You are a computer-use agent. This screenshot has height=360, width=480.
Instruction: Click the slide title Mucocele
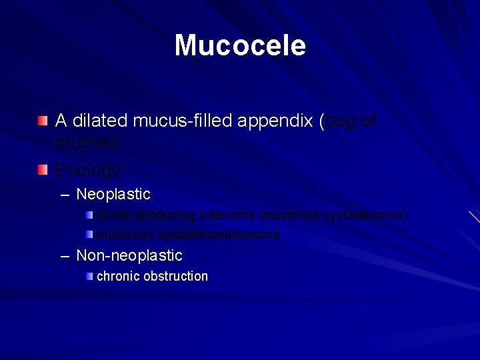(240, 46)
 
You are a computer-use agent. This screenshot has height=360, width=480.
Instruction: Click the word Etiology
(87, 170)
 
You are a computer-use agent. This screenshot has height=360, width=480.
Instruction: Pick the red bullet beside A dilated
(43, 121)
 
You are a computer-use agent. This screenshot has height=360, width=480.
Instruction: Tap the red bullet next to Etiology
(43, 170)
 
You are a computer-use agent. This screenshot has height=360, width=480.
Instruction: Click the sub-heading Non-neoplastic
(129, 255)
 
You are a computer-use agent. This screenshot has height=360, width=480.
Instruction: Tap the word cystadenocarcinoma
(216, 235)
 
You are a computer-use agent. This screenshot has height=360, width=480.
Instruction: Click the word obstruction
(177, 276)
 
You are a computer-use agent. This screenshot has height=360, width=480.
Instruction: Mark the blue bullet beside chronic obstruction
(89, 276)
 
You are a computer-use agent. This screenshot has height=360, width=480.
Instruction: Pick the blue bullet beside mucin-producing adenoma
(89, 215)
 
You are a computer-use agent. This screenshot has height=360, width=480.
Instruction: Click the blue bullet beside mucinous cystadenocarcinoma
(89, 235)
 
